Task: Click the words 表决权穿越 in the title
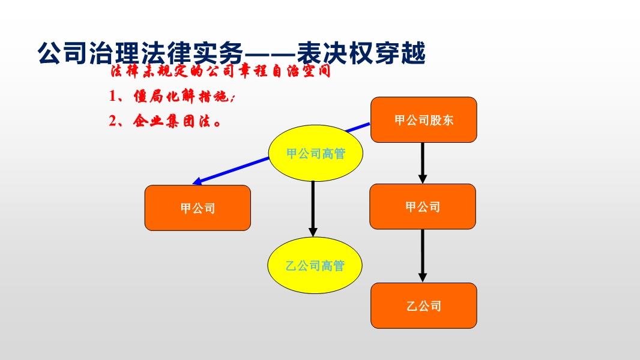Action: [x=361, y=53]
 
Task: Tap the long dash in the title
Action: [x=270, y=54]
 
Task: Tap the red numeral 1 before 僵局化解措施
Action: [x=113, y=97]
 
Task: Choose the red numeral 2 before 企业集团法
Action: [x=113, y=121]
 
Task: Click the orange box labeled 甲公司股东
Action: [x=424, y=120]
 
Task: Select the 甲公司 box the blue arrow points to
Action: [x=198, y=208]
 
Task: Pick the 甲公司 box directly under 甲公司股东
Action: [x=423, y=206]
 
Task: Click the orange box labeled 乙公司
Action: [x=424, y=305]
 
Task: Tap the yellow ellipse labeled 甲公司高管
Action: [x=316, y=153]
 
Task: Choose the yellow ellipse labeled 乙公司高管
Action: [x=315, y=265]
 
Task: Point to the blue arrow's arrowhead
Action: [x=197, y=181]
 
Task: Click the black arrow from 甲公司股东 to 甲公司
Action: [x=423, y=163]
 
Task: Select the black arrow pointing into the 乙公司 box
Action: [x=423, y=256]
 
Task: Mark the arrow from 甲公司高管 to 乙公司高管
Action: [x=313, y=209]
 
